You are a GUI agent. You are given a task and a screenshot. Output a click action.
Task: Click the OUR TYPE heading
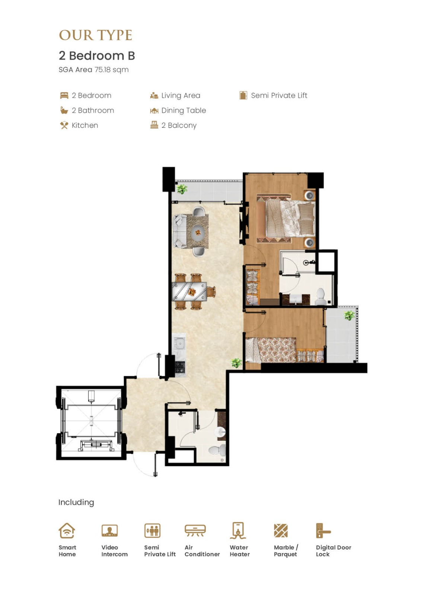(95, 35)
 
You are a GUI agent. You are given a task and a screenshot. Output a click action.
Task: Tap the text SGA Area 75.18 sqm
(93, 70)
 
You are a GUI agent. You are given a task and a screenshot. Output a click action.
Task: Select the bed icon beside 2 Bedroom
(64, 95)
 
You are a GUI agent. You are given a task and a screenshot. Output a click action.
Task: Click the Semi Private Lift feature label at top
(279, 95)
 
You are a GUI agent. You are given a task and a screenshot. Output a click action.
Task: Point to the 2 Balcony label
(179, 125)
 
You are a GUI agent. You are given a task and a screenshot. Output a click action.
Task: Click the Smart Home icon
(67, 530)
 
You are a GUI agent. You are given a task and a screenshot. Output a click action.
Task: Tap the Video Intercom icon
(109, 530)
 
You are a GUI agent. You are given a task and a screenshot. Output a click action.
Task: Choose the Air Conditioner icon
(195, 530)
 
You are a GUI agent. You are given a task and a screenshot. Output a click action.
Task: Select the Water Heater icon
(238, 530)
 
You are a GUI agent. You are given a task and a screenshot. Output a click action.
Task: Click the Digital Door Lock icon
(323, 530)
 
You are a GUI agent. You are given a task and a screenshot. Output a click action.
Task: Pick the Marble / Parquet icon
(281, 530)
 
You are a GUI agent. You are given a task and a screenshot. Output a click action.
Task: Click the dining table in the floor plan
(189, 292)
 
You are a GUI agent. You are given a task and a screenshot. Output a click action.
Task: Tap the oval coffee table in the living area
(198, 232)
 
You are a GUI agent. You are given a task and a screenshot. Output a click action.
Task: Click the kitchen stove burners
(180, 367)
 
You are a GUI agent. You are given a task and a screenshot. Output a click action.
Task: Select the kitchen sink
(180, 343)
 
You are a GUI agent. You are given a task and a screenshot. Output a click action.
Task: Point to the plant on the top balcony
(182, 188)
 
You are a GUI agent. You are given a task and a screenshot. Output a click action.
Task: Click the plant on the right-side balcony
(349, 316)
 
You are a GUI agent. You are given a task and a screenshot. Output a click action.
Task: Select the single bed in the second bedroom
(271, 350)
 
